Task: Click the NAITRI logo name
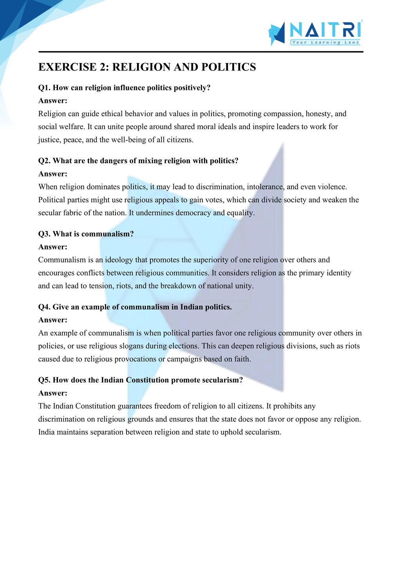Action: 325,30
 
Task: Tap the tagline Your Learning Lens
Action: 325,42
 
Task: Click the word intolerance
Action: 265,187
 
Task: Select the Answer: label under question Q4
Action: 53,320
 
